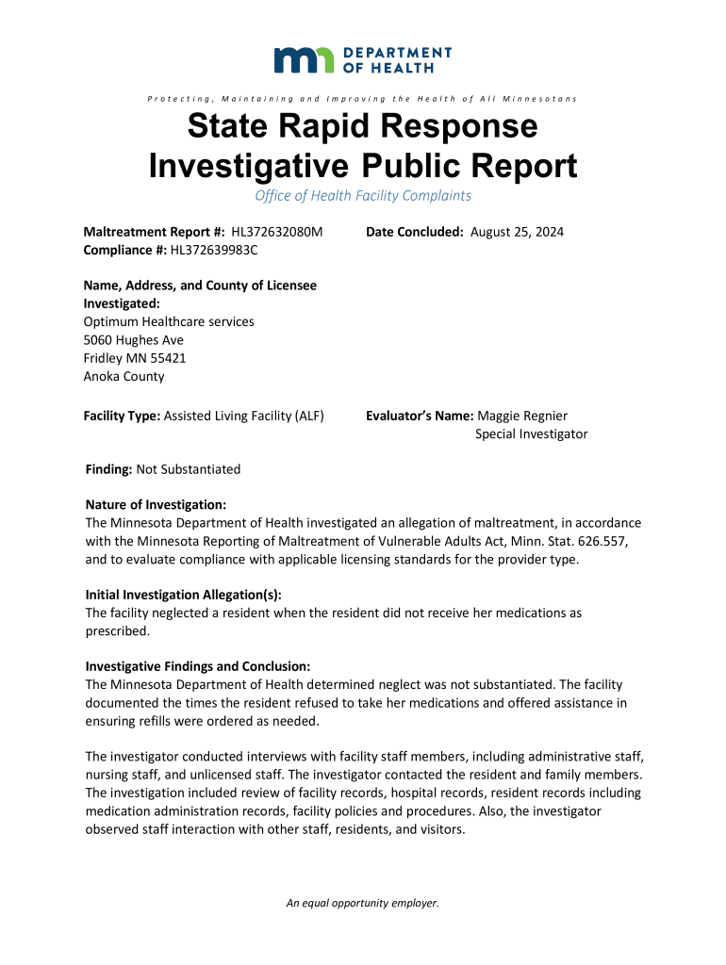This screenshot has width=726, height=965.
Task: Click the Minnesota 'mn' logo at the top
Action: (303, 59)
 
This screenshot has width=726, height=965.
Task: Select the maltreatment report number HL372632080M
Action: (271, 232)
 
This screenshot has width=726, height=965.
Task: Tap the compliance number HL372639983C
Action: (214, 250)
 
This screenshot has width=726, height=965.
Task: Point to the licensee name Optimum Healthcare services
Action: (169, 321)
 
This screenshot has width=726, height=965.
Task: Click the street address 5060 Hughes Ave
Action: (134, 339)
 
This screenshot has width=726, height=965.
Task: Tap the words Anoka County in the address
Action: (124, 376)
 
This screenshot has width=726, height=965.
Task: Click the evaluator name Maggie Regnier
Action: (522, 416)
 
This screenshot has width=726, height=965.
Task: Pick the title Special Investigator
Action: (531, 434)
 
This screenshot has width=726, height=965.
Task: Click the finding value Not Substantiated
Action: (189, 469)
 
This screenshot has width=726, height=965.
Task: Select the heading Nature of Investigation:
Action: (156, 505)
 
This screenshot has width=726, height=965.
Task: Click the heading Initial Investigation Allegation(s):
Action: (183, 595)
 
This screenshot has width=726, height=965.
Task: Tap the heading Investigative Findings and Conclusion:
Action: (198, 666)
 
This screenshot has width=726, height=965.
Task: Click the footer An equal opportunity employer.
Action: (363, 903)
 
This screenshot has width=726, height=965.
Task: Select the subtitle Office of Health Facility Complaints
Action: (363, 196)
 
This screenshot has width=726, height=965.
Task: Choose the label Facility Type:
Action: (123, 416)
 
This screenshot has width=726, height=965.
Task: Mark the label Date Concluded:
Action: (415, 232)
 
